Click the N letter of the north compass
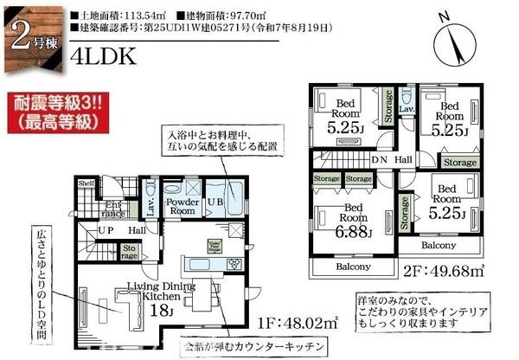click(x=444, y=16)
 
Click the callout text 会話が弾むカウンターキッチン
click(x=255, y=346)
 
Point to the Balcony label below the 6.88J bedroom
click(x=353, y=267)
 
